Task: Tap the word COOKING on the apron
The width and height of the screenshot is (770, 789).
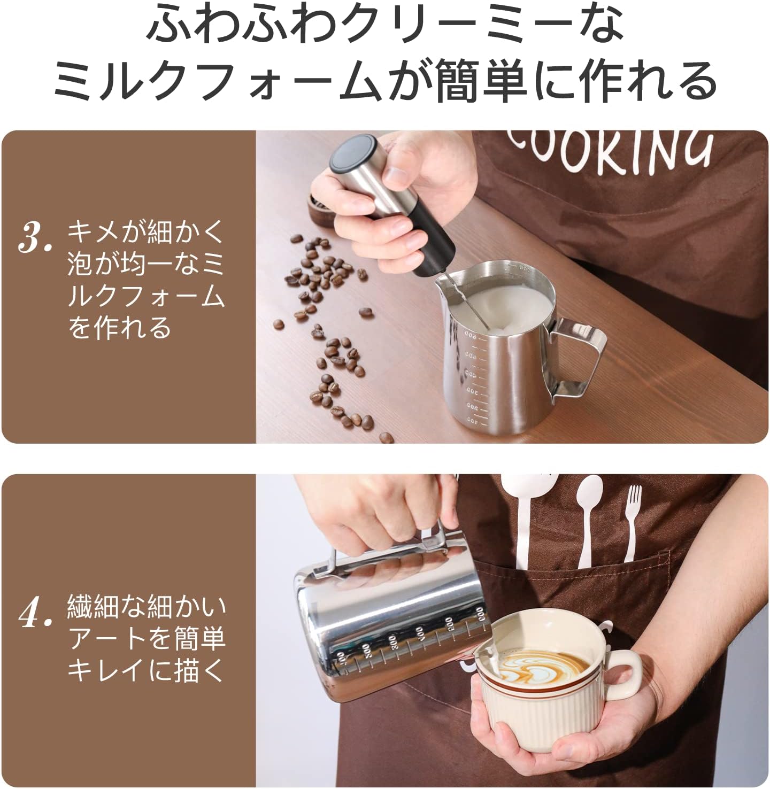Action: click(x=610, y=150)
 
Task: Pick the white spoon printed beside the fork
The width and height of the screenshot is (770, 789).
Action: click(x=588, y=523)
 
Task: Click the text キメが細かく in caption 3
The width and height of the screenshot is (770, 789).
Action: click(x=145, y=231)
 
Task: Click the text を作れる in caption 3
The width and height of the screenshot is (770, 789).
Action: click(x=119, y=328)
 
